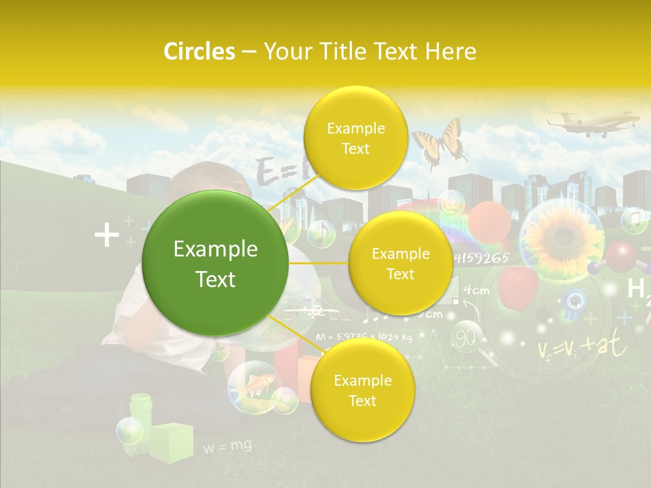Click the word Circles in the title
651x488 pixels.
tap(199, 52)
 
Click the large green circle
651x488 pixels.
tap(216, 264)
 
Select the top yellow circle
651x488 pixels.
tap(355, 138)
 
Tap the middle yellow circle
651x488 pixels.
tap(400, 264)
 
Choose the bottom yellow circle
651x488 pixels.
tap(362, 390)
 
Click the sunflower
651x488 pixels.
tap(559, 237)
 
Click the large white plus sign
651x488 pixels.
tap(106, 236)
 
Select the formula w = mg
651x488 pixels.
tap(227, 445)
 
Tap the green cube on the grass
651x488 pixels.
tap(170, 441)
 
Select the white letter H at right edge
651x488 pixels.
tap(635, 288)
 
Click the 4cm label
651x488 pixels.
tap(476, 291)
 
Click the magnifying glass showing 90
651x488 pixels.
tap(469, 337)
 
